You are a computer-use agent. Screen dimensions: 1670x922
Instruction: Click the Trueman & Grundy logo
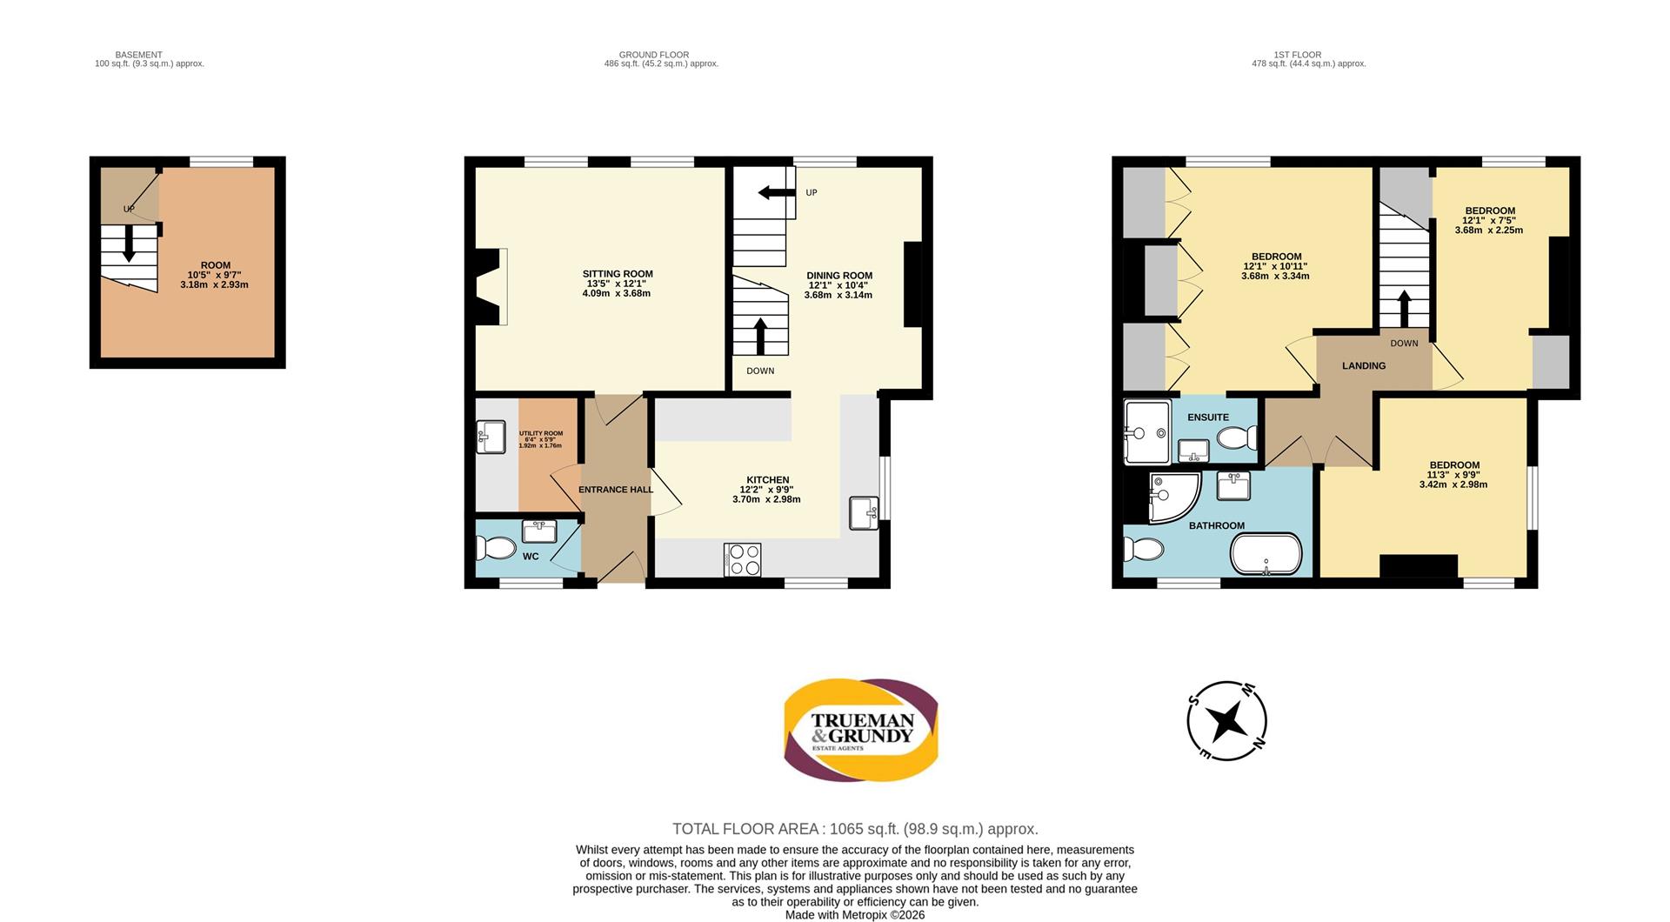click(861, 730)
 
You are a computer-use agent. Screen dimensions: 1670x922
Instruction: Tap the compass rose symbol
click(1226, 721)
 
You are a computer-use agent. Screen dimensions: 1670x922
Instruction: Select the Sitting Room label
click(618, 274)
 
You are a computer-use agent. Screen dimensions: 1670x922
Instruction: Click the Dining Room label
click(839, 276)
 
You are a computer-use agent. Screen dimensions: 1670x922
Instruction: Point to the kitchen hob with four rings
click(742, 559)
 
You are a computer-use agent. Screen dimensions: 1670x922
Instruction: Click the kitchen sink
click(864, 513)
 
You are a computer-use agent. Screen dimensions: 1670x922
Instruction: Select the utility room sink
click(491, 437)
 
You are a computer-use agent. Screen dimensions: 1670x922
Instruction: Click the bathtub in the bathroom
click(1266, 554)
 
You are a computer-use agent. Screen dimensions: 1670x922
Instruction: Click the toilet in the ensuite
click(1237, 437)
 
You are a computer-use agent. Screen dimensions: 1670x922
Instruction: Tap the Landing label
click(1364, 366)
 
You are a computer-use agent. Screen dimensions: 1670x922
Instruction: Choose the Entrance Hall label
click(616, 490)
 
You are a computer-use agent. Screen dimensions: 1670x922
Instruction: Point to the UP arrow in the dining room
click(777, 192)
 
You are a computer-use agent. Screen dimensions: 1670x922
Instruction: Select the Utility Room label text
click(541, 433)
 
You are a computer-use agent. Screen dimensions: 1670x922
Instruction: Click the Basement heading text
click(139, 55)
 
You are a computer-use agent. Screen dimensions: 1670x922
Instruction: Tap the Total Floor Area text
click(855, 829)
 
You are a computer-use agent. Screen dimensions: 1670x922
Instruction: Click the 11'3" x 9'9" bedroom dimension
click(1453, 475)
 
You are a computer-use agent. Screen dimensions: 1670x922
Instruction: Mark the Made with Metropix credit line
click(855, 915)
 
